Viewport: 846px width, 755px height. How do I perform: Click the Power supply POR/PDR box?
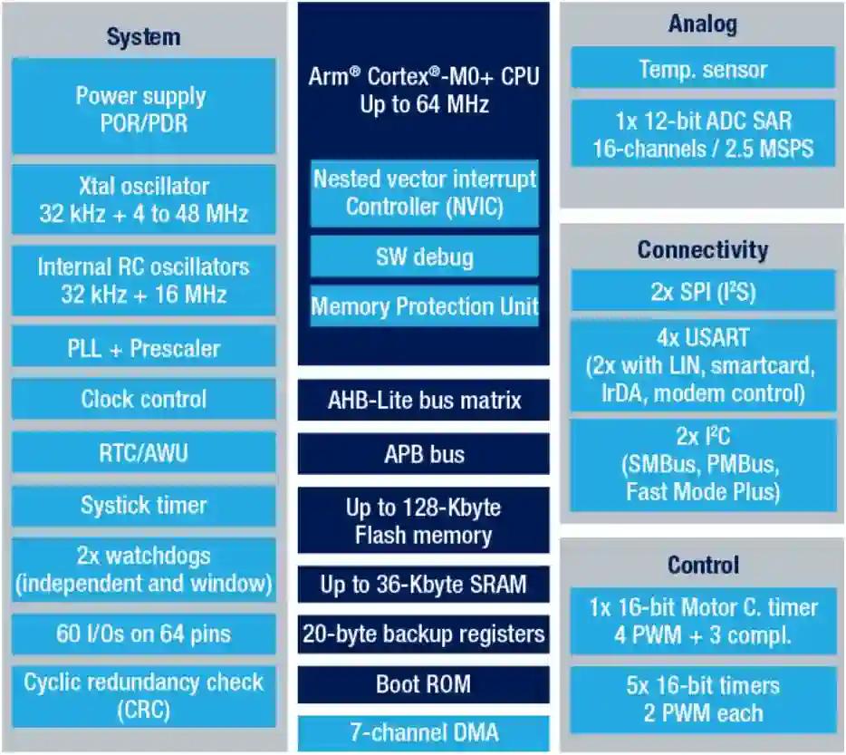[x=143, y=109]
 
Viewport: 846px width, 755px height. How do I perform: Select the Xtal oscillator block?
[x=143, y=200]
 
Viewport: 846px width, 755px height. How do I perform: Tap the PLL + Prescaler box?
[x=143, y=348]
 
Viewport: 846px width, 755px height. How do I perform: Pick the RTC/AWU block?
[x=143, y=451]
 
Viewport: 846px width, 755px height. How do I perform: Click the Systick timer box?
[x=143, y=505]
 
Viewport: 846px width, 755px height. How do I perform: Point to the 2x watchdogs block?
[x=143, y=569]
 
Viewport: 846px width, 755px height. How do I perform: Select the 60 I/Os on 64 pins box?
[x=143, y=634]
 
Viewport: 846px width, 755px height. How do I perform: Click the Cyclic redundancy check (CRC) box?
[x=143, y=695]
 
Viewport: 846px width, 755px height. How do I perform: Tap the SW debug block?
[x=424, y=257]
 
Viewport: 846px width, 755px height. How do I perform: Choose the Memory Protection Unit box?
[x=424, y=306]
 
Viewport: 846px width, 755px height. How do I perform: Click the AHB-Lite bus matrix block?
[x=424, y=400]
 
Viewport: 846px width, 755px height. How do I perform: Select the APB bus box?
[x=424, y=453]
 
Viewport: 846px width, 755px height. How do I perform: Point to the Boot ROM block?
[x=424, y=683]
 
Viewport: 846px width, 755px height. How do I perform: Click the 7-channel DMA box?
[x=424, y=732]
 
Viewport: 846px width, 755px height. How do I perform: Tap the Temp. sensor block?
[x=702, y=69]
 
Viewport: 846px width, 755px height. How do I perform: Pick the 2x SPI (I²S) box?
[x=702, y=292]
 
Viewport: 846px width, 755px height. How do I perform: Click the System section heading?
[x=143, y=37]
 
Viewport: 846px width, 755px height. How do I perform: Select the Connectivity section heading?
[x=702, y=249]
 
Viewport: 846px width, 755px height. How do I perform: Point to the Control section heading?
[x=702, y=565]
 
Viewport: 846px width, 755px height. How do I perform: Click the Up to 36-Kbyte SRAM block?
[x=424, y=585]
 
